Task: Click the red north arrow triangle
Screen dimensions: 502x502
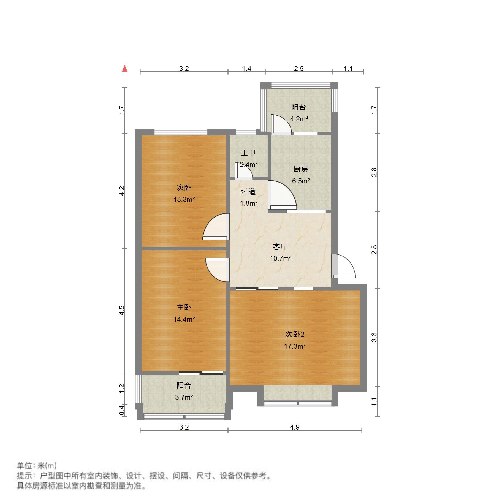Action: pyautogui.click(x=125, y=68)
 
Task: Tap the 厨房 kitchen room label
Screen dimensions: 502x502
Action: pyautogui.click(x=301, y=169)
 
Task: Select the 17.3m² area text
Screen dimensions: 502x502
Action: pyautogui.click(x=295, y=346)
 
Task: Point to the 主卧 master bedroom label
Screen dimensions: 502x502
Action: pyautogui.click(x=184, y=307)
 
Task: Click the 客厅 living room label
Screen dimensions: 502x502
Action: pyautogui.click(x=280, y=246)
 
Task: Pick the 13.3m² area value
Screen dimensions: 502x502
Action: pyautogui.click(x=184, y=199)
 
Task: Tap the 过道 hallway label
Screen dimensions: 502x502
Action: pyautogui.click(x=248, y=192)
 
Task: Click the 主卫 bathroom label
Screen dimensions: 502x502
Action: pyautogui.click(x=248, y=153)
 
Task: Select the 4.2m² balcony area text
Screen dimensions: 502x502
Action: pyautogui.click(x=299, y=119)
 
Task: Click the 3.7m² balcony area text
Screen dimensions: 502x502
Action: pyautogui.click(x=184, y=397)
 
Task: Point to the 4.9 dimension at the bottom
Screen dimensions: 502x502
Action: pyautogui.click(x=294, y=427)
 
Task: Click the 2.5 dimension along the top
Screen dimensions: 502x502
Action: pyautogui.click(x=299, y=69)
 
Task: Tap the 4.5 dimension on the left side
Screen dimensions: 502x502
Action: pyautogui.click(x=122, y=310)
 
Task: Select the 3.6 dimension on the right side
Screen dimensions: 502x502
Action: pyautogui.click(x=374, y=337)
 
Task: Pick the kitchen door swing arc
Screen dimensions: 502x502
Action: pyautogui.click(x=282, y=194)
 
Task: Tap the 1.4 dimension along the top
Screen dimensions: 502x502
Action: pyautogui.click(x=246, y=69)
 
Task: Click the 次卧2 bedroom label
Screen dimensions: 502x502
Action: pyautogui.click(x=295, y=334)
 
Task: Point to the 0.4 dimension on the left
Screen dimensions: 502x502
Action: pyautogui.click(x=122, y=410)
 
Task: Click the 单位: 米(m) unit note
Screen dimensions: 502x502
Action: pyautogui.click(x=37, y=466)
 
